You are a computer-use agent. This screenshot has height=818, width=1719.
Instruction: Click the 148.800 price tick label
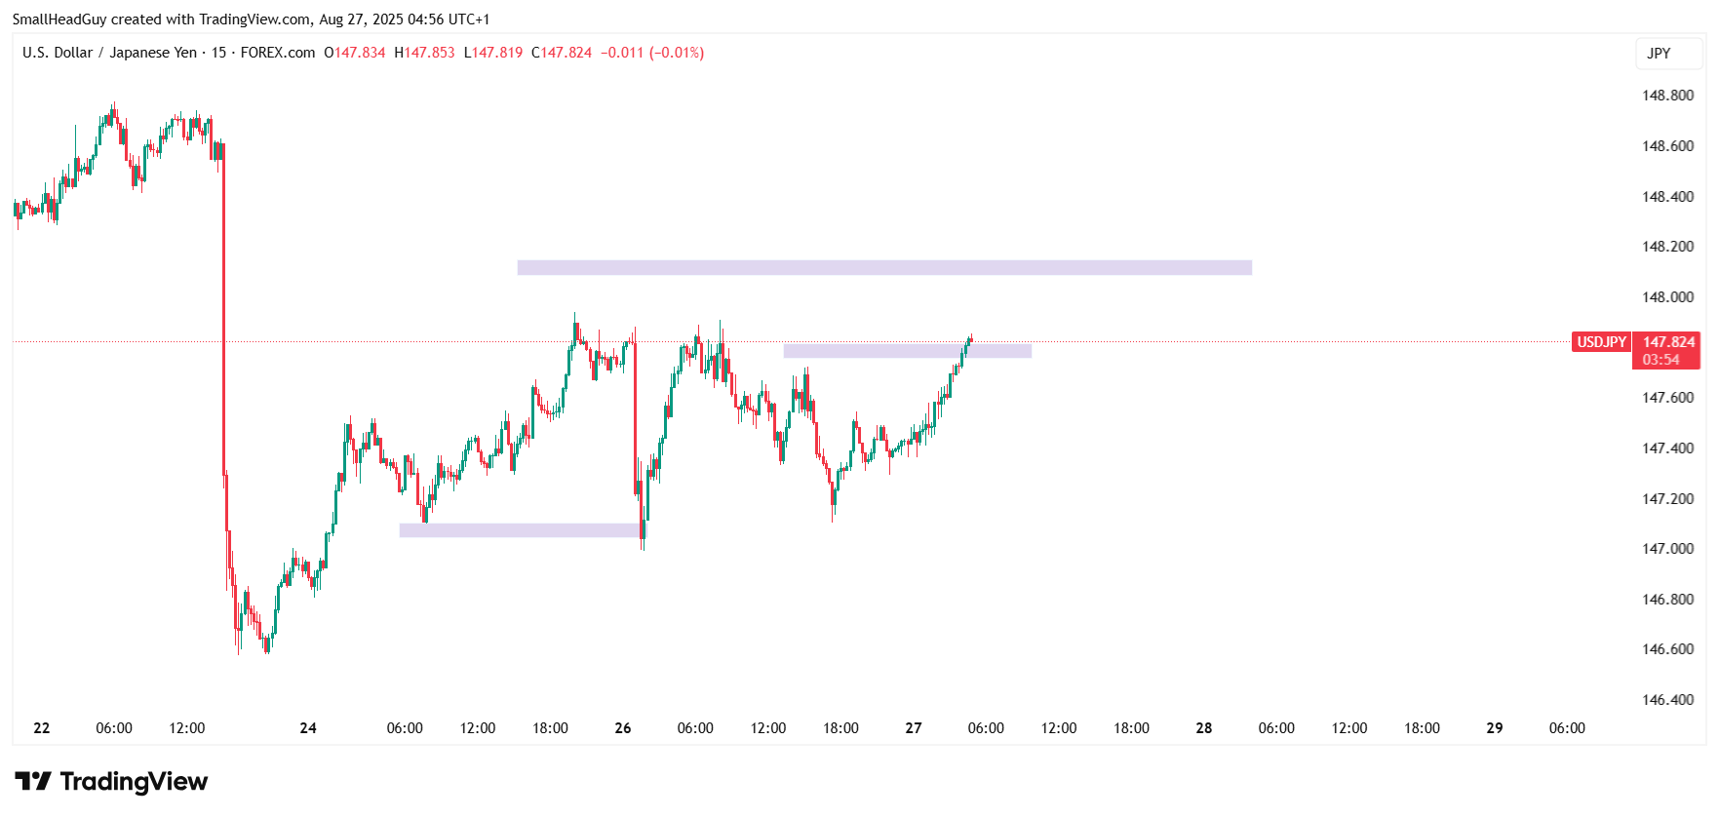[x=1667, y=96]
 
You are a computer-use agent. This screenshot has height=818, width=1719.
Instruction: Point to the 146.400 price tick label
[x=1667, y=700]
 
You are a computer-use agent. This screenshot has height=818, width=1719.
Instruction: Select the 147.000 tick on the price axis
[x=1667, y=549]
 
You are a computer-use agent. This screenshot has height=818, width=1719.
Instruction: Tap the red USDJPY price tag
[x=1601, y=342]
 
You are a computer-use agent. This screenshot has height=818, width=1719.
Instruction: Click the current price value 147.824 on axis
[x=1668, y=342]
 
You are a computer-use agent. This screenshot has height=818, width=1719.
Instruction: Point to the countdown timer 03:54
[x=1660, y=360]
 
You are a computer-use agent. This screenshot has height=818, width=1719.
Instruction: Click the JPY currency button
[x=1659, y=54]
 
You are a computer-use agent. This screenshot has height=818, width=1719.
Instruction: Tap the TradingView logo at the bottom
[x=111, y=782]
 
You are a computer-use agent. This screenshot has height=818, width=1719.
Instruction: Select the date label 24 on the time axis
[x=308, y=728]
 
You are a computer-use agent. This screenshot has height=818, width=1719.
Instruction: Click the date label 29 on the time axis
[x=1494, y=728]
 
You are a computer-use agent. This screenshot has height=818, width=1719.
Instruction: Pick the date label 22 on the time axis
[x=42, y=728]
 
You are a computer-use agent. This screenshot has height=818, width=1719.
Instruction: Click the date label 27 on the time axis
[x=914, y=728]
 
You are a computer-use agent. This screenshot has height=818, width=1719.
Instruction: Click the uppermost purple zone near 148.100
[x=883, y=267]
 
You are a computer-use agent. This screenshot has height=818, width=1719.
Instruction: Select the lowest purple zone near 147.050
[x=520, y=530]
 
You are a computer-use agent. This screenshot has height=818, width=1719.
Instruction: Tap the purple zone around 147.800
[x=907, y=351]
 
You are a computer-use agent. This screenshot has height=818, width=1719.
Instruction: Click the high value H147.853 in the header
[x=424, y=53]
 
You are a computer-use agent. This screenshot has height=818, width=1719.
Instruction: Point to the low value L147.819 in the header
[x=493, y=53]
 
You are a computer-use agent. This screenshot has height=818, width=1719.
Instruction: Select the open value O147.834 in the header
[x=355, y=53]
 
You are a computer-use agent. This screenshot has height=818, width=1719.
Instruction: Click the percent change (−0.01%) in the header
[x=677, y=53]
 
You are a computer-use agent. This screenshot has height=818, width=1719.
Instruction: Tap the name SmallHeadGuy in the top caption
[x=59, y=19]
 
